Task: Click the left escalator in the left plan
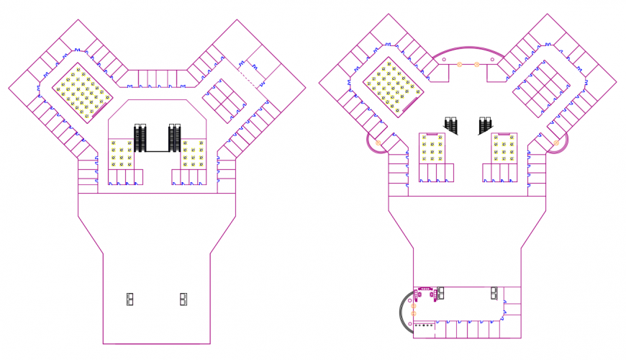click(x=140, y=138)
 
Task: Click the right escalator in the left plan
click(x=174, y=138)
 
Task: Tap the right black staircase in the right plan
click(x=486, y=126)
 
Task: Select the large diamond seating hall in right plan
click(x=393, y=86)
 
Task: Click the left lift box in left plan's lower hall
click(x=130, y=299)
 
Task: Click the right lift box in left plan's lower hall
click(x=183, y=299)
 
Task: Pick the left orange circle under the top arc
click(x=459, y=64)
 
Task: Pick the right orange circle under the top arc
click(x=476, y=64)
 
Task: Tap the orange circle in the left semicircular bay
click(x=378, y=143)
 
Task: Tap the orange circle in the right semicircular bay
click(x=556, y=143)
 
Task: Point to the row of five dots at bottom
click(x=424, y=325)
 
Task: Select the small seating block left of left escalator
click(x=121, y=153)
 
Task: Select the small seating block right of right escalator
click(x=192, y=153)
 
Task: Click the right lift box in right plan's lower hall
click(x=494, y=292)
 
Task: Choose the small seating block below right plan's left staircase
click(x=432, y=148)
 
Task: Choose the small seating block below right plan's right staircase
click(x=504, y=148)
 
